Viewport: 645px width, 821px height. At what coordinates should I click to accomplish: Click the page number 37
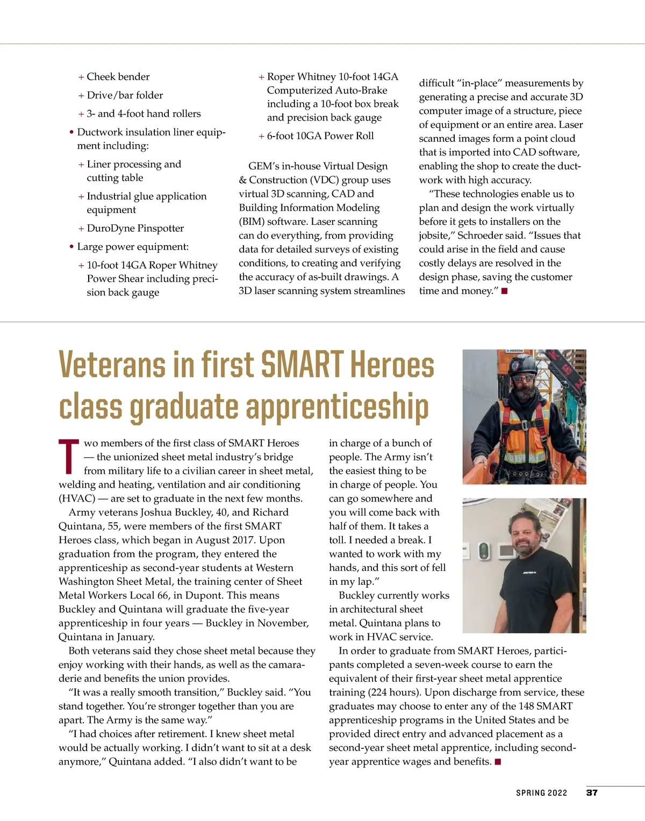tap(592, 793)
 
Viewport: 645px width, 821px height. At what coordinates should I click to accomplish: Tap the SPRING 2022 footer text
tap(541, 793)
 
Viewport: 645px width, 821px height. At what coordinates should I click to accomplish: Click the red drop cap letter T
tap(69, 456)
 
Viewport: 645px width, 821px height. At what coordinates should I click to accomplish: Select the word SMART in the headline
tap(302, 365)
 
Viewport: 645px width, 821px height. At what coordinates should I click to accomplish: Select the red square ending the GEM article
tap(504, 291)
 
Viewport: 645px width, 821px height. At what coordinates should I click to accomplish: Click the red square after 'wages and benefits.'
tap(498, 762)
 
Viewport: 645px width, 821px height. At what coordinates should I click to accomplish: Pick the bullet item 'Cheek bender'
tap(118, 77)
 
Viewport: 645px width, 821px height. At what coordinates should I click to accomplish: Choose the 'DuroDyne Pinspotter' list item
tap(135, 229)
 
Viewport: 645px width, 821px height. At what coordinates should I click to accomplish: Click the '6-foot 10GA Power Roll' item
tap(320, 136)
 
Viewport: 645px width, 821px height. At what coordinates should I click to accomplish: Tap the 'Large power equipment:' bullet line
tap(132, 247)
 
